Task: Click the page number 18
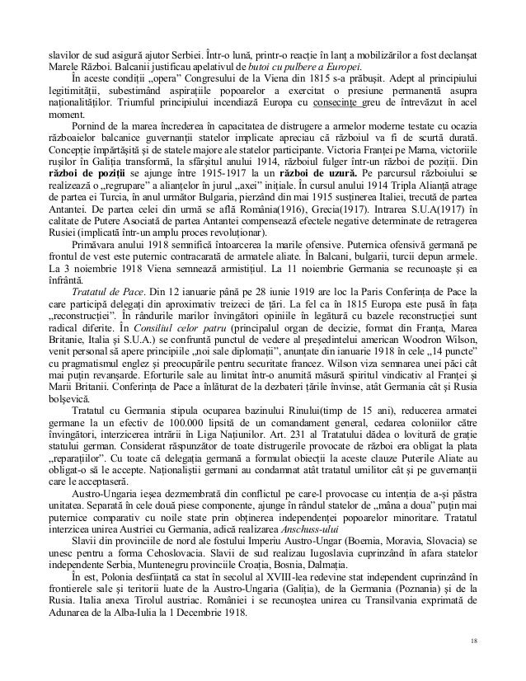coord(473,641)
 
